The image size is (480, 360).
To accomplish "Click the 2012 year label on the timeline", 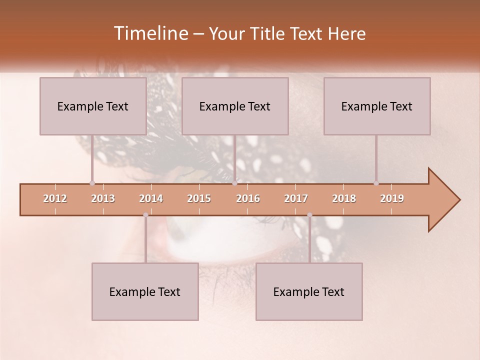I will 55,198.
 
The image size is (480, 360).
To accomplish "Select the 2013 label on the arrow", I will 103,198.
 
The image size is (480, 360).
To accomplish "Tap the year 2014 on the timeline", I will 151,198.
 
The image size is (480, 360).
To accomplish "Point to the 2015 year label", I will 199,198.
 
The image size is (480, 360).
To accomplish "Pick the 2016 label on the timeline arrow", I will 248,198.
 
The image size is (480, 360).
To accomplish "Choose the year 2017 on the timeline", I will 296,198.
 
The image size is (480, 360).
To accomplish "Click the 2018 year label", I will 344,198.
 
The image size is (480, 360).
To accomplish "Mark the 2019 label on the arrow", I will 392,198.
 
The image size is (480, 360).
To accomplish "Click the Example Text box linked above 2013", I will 93,106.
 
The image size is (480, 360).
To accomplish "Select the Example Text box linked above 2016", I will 235,106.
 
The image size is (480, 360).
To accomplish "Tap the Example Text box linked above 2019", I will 377,106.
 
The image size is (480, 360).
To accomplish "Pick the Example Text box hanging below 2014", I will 145,291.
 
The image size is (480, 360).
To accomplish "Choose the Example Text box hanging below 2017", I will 309,291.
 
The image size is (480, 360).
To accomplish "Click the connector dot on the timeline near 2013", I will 92,183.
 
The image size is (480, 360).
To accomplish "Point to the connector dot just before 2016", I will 234,183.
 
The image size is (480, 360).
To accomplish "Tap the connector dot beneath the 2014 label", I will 145,215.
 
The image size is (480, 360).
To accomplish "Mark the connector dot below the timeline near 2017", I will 309,215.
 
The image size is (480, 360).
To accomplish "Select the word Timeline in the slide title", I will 150,33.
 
